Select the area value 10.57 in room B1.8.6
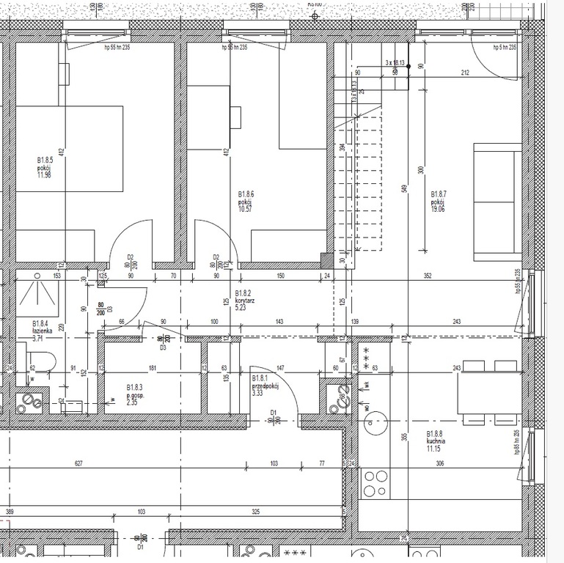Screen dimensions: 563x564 point(245,208)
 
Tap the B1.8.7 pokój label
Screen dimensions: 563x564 point(439,200)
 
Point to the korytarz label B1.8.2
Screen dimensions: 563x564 point(244,301)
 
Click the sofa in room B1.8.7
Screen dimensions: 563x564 point(497,202)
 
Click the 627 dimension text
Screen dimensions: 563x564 point(78,463)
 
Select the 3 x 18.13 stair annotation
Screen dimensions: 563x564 point(395,63)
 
